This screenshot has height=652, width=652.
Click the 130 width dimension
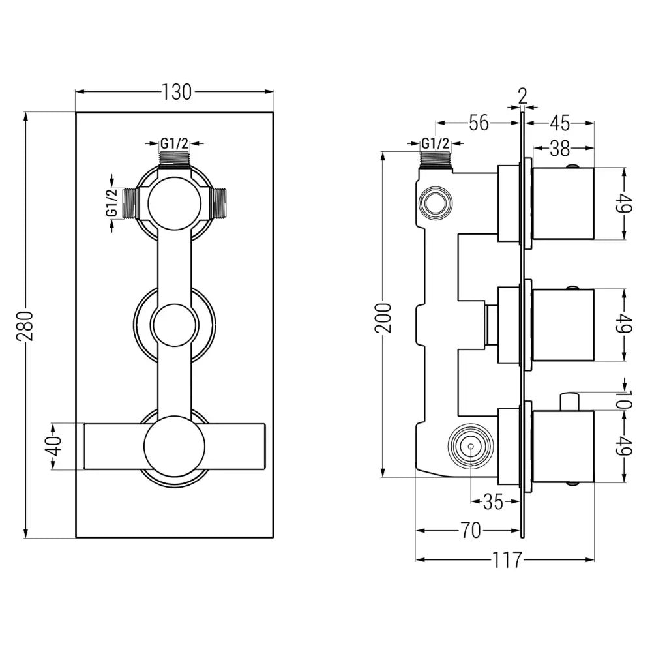pos(177,93)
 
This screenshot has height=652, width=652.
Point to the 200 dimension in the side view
pos(386,317)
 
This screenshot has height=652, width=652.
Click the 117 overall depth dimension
pos(508,559)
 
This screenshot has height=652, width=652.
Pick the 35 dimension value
pos(492,502)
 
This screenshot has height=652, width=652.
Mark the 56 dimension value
pos(479,123)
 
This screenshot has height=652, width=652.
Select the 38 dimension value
pos(559,149)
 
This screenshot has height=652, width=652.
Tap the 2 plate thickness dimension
pos(522,95)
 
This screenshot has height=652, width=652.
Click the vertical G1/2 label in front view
pos(112,202)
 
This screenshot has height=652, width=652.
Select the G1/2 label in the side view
pos(435,143)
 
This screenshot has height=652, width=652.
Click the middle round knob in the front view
pos(174,323)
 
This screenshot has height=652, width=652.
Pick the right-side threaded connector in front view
pos(220,202)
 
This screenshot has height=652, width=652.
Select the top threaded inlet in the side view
pos(435,160)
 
